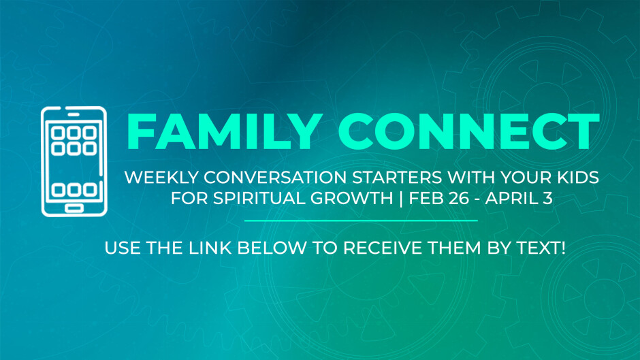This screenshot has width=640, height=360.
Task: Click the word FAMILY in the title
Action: coord(223,131)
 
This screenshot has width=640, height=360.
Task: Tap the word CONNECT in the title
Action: coord(468,131)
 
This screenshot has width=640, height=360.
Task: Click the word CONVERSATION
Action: coord(276,177)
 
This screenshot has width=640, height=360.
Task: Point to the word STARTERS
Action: coord(397,177)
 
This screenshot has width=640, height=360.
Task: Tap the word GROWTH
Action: coord(351,198)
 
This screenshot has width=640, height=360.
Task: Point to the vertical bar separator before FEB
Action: coord(401,198)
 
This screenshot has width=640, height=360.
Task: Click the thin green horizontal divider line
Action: coord(361,220)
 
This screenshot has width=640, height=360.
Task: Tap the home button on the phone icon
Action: coord(74,208)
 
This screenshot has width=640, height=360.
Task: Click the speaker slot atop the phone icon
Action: coord(74,115)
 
